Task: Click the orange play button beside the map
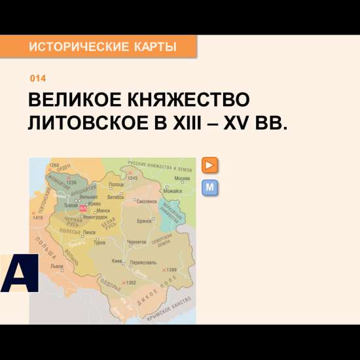click(210, 165)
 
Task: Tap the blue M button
click(210, 189)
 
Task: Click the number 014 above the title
click(38, 79)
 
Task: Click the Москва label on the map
click(183, 178)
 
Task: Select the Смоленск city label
click(147, 201)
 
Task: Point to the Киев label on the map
click(117, 261)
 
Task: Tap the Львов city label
click(57, 266)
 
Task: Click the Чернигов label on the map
click(137, 242)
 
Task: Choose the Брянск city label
click(145, 221)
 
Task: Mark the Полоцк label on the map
click(117, 185)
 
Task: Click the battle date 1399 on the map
click(171, 270)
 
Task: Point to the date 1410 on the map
click(37, 217)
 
